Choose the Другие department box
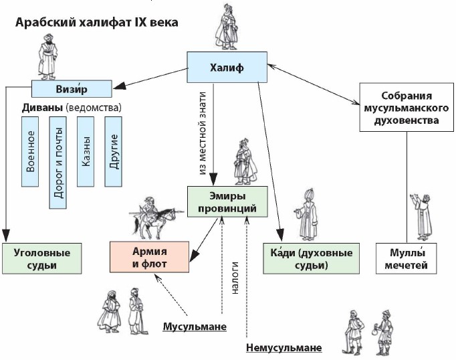click(x=114, y=152)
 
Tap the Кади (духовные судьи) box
click(x=305, y=258)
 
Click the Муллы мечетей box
click(x=412, y=258)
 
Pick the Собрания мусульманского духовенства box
click(x=403, y=107)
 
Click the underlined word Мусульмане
click(x=195, y=327)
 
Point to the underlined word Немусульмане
click(x=283, y=348)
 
